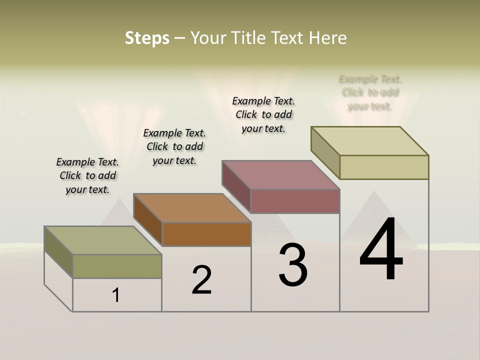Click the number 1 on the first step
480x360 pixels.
[116, 295]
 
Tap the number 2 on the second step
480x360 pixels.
[202, 279]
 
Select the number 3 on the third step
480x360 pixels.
[293, 265]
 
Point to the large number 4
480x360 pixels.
[381, 250]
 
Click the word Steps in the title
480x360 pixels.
[147, 38]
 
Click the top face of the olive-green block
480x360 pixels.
[102, 240]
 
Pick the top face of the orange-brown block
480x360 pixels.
[192, 208]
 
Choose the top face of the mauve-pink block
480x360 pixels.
[281, 175]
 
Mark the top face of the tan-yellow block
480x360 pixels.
[370, 141]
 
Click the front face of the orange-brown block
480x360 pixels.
[206, 234]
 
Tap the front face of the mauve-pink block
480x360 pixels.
[295, 201]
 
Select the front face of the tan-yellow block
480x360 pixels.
[384, 167]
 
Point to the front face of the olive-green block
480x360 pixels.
[117, 266]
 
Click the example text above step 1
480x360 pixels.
[87, 175]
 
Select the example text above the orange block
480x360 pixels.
[174, 146]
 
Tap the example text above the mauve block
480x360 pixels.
[263, 114]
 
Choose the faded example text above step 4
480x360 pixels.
[370, 92]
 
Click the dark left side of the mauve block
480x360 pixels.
[236, 186]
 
